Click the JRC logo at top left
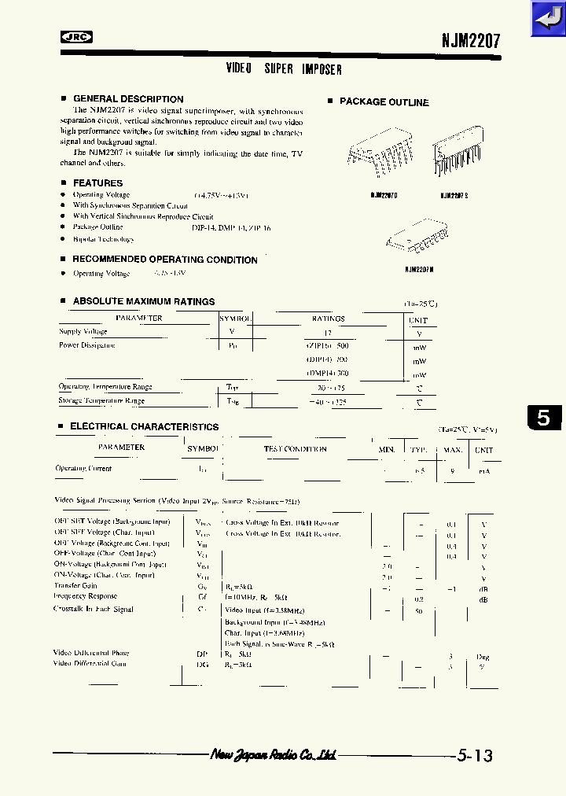click(x=76, y=36)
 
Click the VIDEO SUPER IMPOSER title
click(x=284, y=69)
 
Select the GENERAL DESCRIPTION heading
click(x=128, y=99)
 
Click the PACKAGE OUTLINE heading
click(x=384, y=102)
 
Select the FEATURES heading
click(x=97, y=183)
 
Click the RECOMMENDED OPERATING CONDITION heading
click(x=164, y=260)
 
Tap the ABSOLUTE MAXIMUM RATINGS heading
click(x=143, y=301)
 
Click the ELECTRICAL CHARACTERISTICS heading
click(x=144, y=426)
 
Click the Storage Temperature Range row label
click(x=101, y=401)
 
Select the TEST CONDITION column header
click(x=295, y=449)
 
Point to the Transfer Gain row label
click(x=75, y=586)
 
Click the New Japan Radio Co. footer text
click(x=274, y=755)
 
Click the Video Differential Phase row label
click(x=91, y=653)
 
